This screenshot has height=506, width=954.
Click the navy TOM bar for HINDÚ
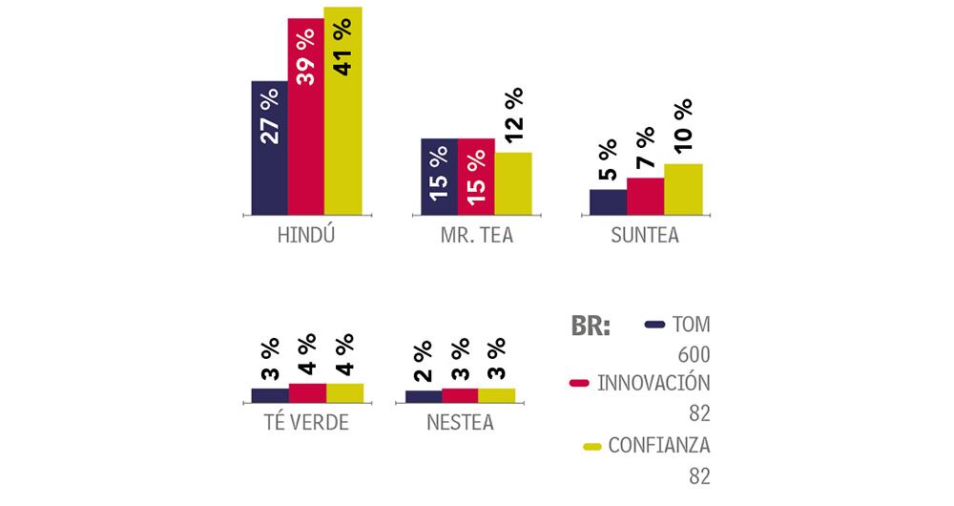pos(269,148)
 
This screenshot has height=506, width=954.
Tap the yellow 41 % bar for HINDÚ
pos(343,111)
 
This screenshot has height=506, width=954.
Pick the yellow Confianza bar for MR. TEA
pos(513,183)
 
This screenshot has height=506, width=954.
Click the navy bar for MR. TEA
pos(439,177)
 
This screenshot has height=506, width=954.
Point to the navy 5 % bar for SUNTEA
pos(608,202)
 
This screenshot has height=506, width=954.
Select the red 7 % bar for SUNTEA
pos(645,197)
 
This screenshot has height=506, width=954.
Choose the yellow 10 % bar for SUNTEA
pos(683,189)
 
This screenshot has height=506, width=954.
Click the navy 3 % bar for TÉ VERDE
pos(270,394)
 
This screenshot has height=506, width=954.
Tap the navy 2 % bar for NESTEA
pos(424,396)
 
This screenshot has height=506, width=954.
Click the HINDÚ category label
pos(305,235)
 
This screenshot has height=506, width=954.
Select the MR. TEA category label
pos(476,235)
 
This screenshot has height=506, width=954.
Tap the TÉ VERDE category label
pos(305,421)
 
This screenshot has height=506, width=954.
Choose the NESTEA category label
pos(460,421)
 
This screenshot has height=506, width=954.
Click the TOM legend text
pos(692,325)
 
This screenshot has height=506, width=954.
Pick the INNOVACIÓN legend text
pos(653,384)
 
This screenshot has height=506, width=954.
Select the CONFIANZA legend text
pos(659,445)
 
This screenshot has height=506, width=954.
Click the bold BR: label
pos(591,326)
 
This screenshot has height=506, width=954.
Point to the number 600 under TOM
pos(694,355)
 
